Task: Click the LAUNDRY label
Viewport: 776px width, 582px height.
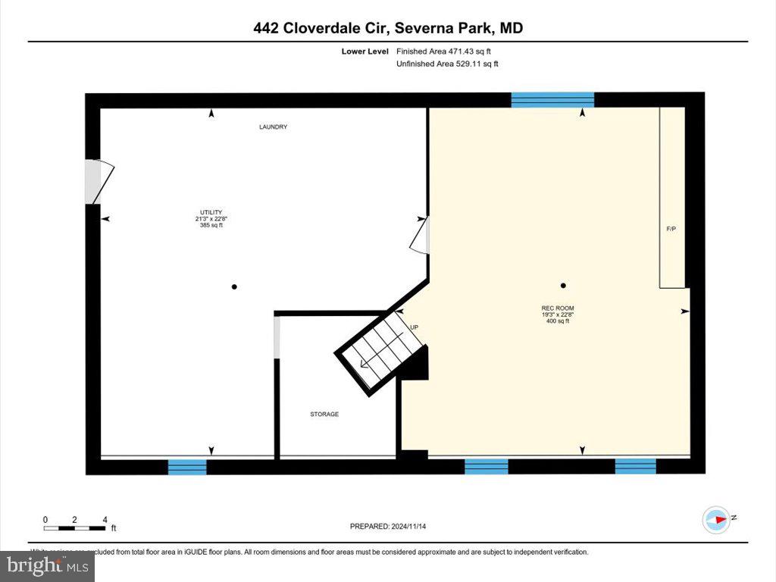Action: pyautogui.click(x=273, y=127)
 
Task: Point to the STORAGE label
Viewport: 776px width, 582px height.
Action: pyautogui.click(x=324, y=415)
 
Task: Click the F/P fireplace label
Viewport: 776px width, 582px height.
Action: pyautogui.click(x=671, y=228)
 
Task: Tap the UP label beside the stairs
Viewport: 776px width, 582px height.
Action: pyautogui.click(x=414, y=327)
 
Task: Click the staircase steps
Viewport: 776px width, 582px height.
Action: pyautogui.click(x=379, y=352)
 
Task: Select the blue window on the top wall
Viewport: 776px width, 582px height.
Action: pyautogui.click(x=552, y=100)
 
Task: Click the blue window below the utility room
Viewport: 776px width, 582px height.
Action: pyautogui.click(x=187, y=467)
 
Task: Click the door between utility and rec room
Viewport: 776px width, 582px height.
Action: pyautogui.click(x=421, y=234)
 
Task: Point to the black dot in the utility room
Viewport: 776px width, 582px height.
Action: pyautogui.click(x=234, y=286)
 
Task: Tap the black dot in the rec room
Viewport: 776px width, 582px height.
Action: pyautogui.click(x=563, y=286)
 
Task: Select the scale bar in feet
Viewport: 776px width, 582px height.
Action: pyautogui.click(x=76, y=524)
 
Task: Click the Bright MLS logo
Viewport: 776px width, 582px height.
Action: pyautogui.click(x=47, y=565)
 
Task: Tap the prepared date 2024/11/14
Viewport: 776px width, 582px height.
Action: pyautogui.click(x=393, y=526)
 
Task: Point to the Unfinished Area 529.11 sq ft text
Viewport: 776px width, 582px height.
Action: pyautogui.click(x=447, y=64)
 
